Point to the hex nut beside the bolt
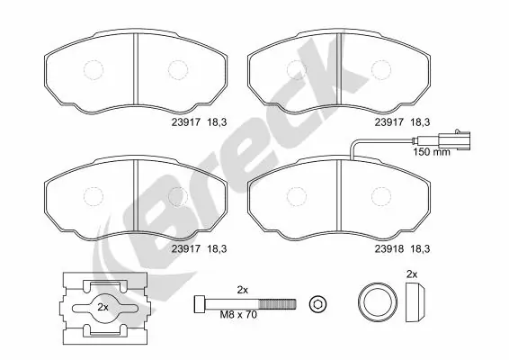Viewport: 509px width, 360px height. coord(316,305)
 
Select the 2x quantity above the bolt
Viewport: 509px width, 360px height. coord(241,289)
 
